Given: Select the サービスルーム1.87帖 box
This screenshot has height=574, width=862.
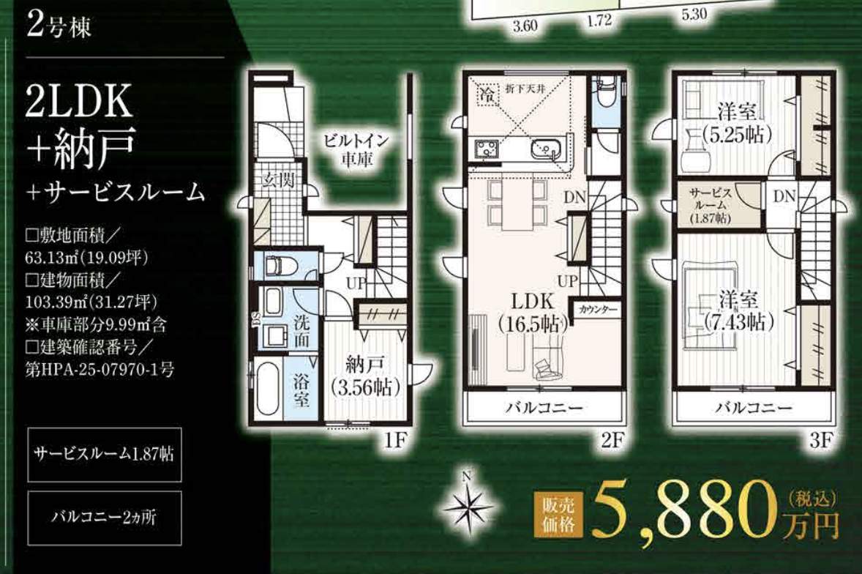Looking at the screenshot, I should point(104,455).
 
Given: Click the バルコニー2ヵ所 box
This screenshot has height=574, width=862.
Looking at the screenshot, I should point(104,517).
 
